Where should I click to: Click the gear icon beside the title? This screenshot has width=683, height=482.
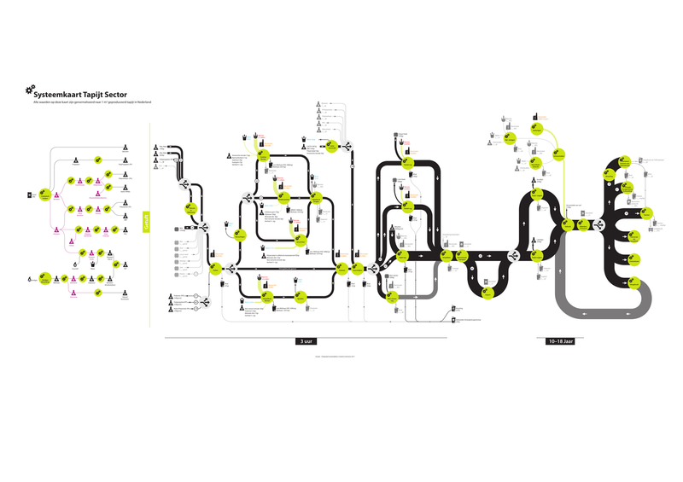pyautogui.click(x=31, y=90)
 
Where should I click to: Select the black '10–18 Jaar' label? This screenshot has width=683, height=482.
pyautogui.click(x=560, y=341)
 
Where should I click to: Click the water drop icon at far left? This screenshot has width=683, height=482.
pyautogui.click(x=30, y=279)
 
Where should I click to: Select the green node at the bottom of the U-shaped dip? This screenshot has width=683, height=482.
pyautogui.click(x=489, y=290)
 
